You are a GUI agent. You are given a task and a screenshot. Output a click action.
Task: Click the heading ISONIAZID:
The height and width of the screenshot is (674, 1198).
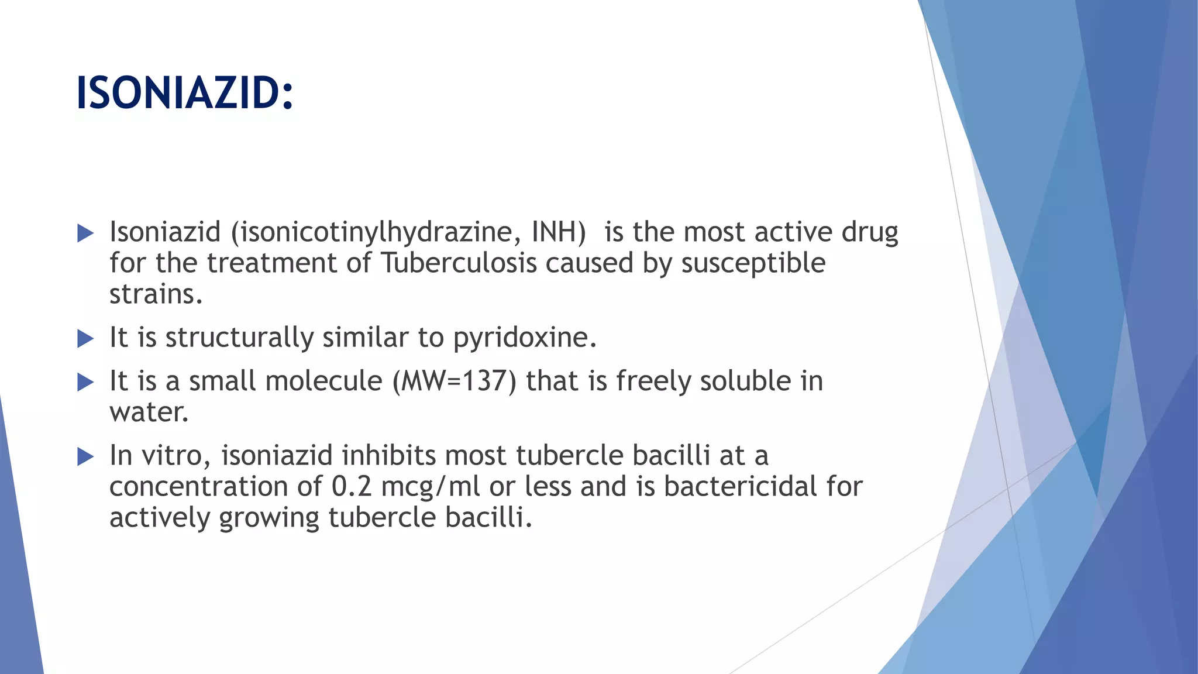pyautogui.click(x=184, y=94)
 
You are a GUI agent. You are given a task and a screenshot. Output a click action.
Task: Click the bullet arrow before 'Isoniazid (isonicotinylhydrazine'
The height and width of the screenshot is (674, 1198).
pyautogui.click(x=85, y=233)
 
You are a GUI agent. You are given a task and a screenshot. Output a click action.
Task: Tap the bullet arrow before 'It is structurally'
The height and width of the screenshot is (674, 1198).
pyautogui.click(x=85, y=338)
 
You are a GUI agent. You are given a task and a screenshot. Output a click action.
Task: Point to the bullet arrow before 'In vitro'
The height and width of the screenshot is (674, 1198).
pyautogui.click(x=85, y=456)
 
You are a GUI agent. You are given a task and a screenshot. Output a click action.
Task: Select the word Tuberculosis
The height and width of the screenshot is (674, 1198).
pyautogui.click(x=459, y=263)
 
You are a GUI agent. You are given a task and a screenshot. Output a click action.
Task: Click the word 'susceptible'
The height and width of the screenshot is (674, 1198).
pyautogui.click(x=753, y=263)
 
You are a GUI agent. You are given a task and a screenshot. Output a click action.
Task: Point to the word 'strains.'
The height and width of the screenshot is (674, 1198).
pyautogui.click(x=156, y=294)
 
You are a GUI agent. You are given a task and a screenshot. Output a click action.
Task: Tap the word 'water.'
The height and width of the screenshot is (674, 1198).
pyautogui.click(x=149, y=412)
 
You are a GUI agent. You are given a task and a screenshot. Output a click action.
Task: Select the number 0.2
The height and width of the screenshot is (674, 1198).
pyautogui.click(x=352, y=486)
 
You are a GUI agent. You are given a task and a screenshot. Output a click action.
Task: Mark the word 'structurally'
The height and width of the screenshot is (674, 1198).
pyautogui.click(x=240, y=338)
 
